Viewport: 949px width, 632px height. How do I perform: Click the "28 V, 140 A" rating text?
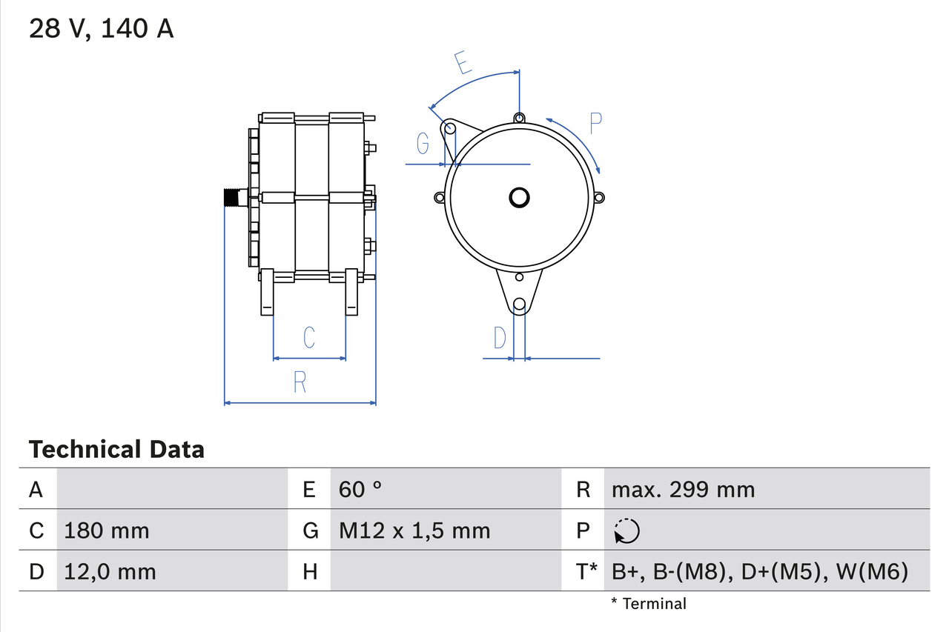(101, 29)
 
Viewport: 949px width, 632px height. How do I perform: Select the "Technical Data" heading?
(116, 449)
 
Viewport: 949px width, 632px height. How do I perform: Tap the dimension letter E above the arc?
(463, 64)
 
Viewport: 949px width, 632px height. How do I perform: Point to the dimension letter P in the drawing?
(595, 123)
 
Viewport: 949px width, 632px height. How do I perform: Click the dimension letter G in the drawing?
(423, 143)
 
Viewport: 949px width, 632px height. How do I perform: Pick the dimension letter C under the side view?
(309, 337)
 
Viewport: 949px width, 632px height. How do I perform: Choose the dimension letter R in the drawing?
(300, 382)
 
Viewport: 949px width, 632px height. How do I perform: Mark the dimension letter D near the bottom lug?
(500, 338)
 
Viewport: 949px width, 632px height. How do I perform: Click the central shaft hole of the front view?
(519, 197)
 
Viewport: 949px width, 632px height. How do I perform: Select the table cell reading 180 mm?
(107, 530)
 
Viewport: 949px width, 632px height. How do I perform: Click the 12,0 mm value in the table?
(110, 571)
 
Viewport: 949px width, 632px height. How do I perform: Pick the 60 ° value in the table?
(360, 490)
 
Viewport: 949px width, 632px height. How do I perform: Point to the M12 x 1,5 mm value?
(414, 530)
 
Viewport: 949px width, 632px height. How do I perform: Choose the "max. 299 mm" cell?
(683, 490)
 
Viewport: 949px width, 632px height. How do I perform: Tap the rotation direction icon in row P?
(626, 531)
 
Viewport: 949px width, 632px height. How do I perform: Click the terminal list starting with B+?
(759, 571)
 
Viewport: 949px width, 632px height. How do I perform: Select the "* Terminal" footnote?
(648, 604)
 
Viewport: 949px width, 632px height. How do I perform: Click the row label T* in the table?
(586, 571)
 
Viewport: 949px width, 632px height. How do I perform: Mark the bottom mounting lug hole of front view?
(520, 304)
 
